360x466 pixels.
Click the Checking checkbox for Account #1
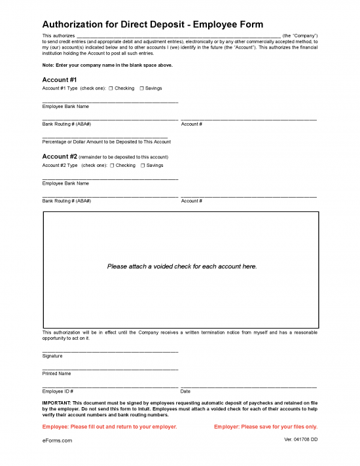click(x=111, y=88)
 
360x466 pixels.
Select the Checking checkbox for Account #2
click(x=112, y=166)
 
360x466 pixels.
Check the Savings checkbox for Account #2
click(x=142, y=166)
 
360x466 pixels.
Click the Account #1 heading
click(x=60, y=80)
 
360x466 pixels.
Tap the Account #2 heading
click(x=60, y=157)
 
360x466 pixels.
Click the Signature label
click(x=52, y=356)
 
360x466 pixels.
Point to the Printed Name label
click(x=56, y=374)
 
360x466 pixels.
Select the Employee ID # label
click(x=58, y=391)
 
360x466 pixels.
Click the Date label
click(x=185, y=391)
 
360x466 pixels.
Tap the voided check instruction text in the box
click(x=182, y=266)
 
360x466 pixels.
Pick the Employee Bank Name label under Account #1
click(x=65, y=106)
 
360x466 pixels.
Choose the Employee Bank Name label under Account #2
click(x=65, y=183)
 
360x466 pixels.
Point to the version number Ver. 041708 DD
click(x=301, y=439)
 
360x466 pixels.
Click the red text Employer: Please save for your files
click(x=266, y=427)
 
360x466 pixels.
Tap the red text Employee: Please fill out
click(x=109, y=427)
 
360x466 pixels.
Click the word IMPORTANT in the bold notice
click(x=56, y=403)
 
